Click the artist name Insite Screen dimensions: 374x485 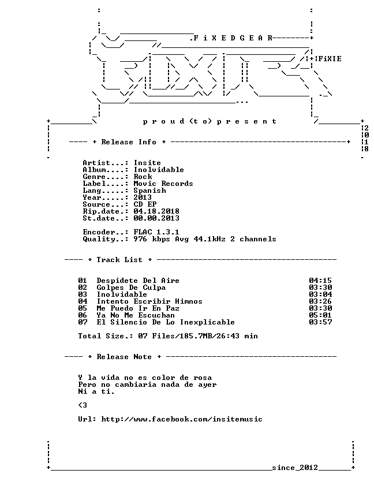147,163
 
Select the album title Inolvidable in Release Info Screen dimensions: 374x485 159,170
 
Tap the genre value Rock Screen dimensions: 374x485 143,177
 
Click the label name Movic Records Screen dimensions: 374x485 163,184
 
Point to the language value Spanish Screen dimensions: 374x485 149,191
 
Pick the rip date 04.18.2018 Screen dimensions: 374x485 156,211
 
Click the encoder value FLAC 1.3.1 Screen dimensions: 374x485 156,232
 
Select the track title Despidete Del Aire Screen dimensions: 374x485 138,281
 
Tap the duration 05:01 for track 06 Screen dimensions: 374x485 320,315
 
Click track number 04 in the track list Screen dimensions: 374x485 83,301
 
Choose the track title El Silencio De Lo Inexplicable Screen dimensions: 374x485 166,322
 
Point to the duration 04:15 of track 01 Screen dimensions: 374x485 320,281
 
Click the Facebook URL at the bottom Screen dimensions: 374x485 182,419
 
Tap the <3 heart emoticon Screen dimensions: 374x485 83,405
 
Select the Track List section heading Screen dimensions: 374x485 119,260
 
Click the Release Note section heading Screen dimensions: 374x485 124,357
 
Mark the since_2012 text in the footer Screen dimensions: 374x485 295,467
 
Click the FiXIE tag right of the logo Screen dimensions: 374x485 330,58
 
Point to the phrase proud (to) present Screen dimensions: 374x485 210,121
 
